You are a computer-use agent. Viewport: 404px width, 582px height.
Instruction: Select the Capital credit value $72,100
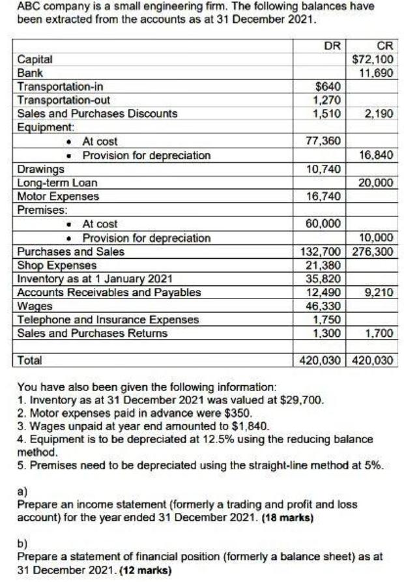tap(372, 59)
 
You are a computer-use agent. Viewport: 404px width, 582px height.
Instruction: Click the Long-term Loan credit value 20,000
tap(375, 182)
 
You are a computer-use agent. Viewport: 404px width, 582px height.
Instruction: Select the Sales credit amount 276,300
tap(373, 252)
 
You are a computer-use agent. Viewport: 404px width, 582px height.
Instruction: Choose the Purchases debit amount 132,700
tap(323, 252)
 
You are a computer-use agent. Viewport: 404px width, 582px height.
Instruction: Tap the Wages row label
tap(31, 306)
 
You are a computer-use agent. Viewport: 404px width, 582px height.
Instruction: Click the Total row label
tap(29, 360)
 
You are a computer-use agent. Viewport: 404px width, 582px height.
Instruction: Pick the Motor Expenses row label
tap(58, 196)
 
